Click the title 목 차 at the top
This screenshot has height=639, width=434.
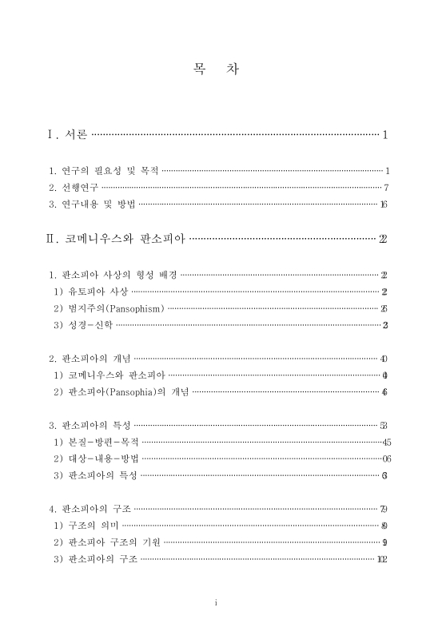(217, 69)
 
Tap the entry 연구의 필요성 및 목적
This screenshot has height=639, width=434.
(105, 171)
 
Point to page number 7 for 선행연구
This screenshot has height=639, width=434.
(385, 188)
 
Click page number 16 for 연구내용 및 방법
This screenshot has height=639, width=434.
(384, 204)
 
